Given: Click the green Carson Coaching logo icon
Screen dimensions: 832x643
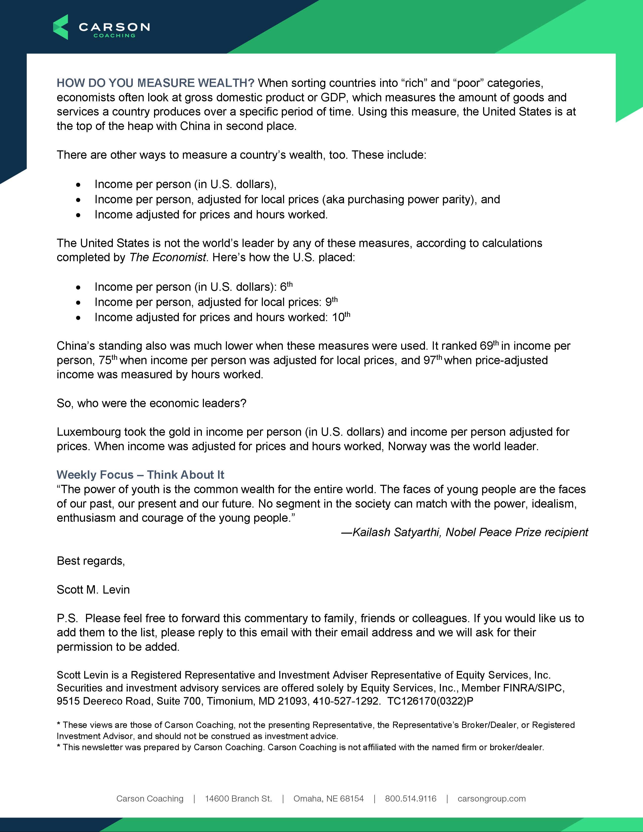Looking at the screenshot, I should click(x=60, y=27).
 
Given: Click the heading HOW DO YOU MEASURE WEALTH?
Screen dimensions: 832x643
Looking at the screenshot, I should click(x=155, y=83).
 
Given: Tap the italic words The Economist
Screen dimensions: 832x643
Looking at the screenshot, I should click(x=168, y=258).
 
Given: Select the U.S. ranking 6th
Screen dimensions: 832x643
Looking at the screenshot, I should click(x=286, y=286).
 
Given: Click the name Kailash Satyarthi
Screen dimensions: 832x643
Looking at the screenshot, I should click(x=396, y=532).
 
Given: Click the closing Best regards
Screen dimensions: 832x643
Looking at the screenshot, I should click(x=91, y=561).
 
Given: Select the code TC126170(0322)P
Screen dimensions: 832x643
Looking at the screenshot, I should click(x=430, y=701).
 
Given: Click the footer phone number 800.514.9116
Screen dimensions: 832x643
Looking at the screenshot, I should click(x=411, y=798).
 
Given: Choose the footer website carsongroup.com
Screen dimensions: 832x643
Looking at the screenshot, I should click(x=491, y=798).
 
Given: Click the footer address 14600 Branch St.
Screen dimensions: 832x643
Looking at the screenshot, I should click(x=239, y=798).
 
